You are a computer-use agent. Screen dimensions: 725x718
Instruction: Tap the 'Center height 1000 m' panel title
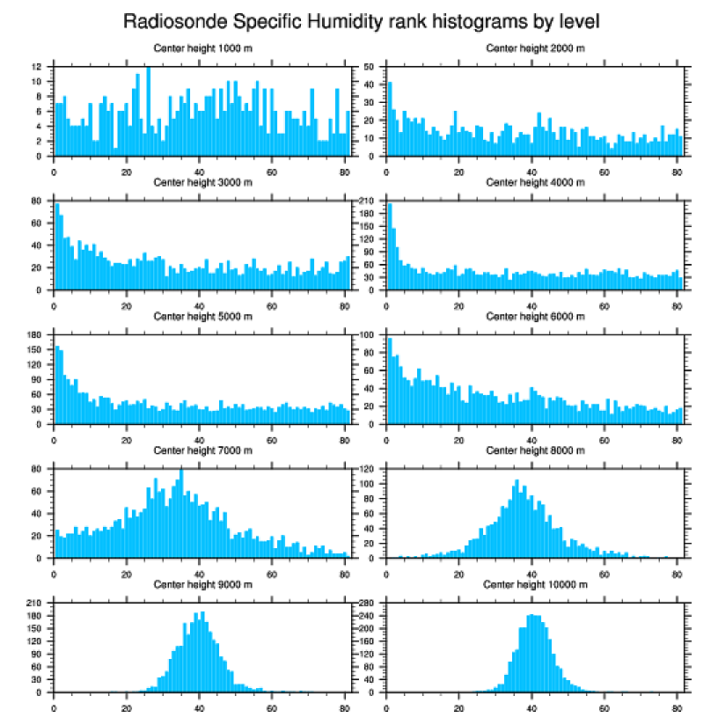point(202,48)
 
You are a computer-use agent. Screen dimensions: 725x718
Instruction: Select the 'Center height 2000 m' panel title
point(535,48)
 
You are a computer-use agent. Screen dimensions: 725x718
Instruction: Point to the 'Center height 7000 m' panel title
point(202,450)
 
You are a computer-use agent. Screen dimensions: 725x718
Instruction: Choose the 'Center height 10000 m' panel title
point(535,584)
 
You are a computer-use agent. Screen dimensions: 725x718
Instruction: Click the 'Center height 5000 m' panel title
point(202,316)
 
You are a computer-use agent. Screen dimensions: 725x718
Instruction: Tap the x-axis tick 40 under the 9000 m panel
point(199,706)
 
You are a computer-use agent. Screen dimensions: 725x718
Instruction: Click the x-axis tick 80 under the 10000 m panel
point(677,706)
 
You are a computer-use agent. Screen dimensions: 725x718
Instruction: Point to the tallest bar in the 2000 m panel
point(391,119)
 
